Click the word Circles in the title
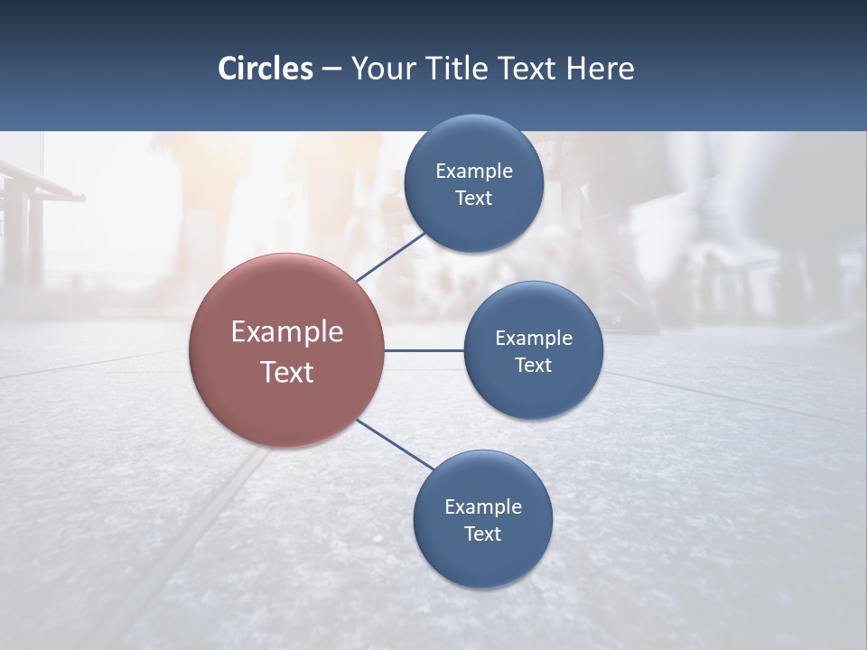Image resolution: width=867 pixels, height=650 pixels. coord(265,69)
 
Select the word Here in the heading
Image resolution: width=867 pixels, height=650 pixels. coord(601,69)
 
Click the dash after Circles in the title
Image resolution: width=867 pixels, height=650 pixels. coord(331,70)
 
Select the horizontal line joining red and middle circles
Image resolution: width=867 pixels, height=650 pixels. coord(424,350)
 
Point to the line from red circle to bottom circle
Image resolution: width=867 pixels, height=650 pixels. coord(396,445)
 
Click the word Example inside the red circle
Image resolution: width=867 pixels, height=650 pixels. coord(287,332)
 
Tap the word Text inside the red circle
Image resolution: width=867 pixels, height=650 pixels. coord(287,372)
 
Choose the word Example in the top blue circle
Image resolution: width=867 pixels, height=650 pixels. coord(473,172)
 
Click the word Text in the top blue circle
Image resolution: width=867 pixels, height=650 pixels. coord(473,199)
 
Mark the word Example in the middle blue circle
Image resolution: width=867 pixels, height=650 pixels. coord(533,339)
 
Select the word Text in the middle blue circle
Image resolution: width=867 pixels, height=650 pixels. coord(533,366)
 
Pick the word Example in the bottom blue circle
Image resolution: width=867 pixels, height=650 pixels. coord(482,507)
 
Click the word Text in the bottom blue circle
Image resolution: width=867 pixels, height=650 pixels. coord(482,534)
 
